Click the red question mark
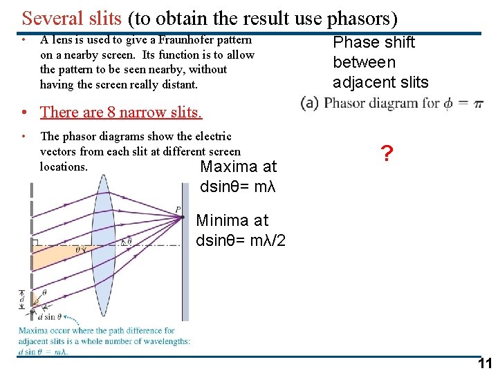coord(386,154)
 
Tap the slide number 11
coord(485,364)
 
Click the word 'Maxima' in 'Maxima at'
coord(226,167)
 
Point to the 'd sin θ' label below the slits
coord(50,317)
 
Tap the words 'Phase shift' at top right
coord(373,43)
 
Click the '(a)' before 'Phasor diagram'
coord(310,104)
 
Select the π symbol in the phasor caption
coord(477,104)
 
